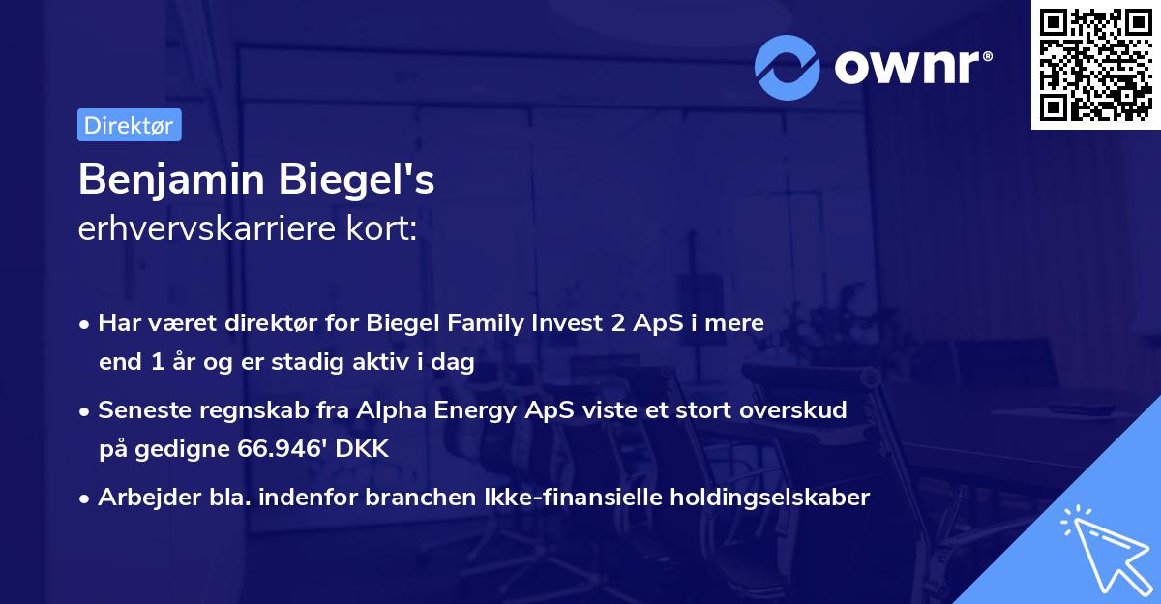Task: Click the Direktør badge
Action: pos(129,125)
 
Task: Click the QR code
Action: pos(1096,65)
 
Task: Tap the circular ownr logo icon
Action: pos(789,67)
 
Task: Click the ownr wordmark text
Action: pos(911,66)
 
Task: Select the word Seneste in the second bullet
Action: pos(138,410)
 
